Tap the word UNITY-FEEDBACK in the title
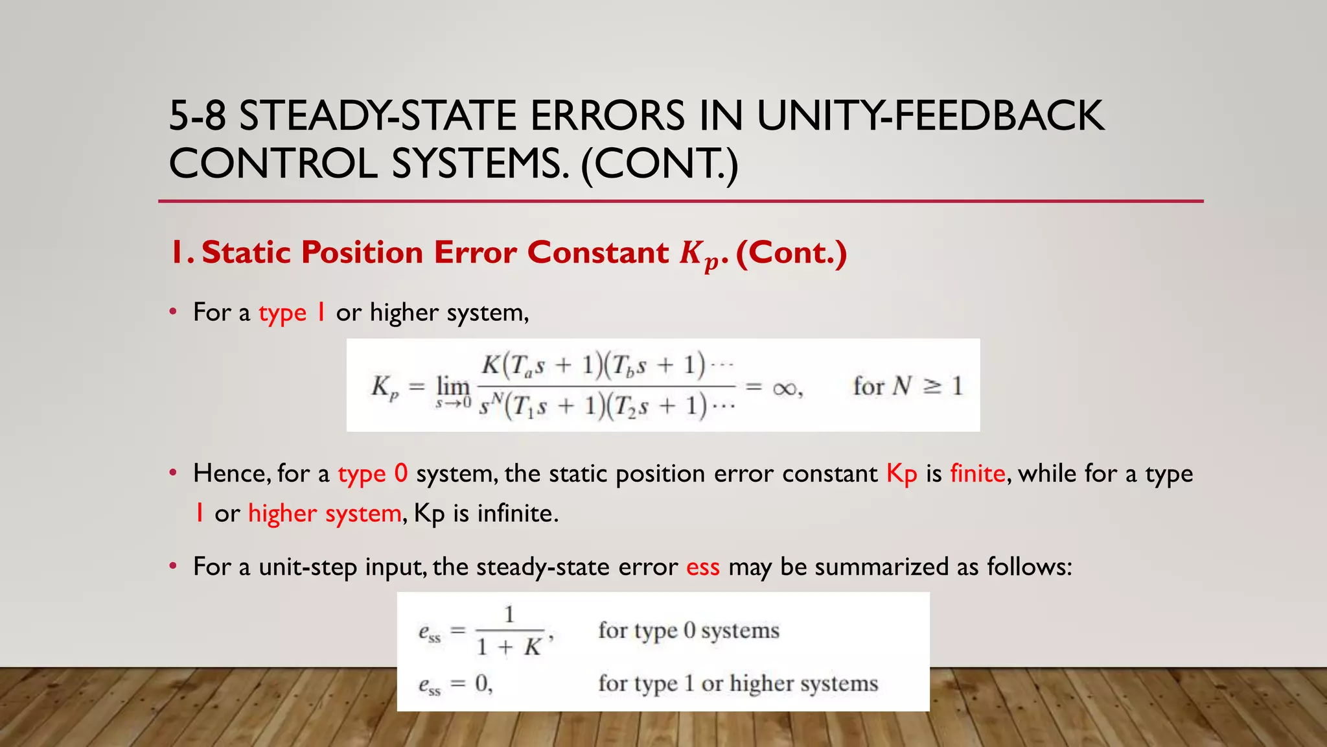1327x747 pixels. [x=930, y=116]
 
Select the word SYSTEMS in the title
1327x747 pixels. [x=479, y=163]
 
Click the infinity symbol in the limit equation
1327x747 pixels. [x=785, y=388]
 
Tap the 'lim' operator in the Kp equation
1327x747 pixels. [x=452, y=386]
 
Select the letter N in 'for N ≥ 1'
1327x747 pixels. [x=901, y=386]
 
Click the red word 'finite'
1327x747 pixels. [x=977, y=473]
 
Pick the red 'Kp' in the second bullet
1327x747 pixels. [x=901, y=474]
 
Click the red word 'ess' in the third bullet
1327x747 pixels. [x=703, y=567]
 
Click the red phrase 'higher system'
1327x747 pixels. [x=325, y=514]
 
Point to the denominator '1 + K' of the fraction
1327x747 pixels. [x=509, y=647]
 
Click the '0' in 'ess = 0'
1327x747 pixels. [x=481, y=683]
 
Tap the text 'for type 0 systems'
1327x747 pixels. [x=688, y=630]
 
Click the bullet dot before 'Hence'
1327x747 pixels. [x=173, y=473]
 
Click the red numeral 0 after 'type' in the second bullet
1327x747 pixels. [x=401, y=473]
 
